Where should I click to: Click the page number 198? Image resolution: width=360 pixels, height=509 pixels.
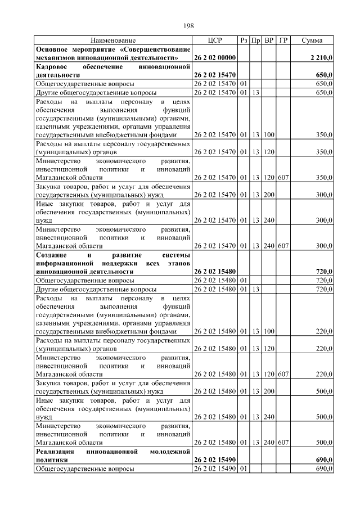click(x=188, y=26)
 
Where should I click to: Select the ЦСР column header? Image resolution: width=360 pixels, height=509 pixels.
click(x=214, y=40)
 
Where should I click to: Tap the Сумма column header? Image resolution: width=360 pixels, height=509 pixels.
click(x=312, y=40)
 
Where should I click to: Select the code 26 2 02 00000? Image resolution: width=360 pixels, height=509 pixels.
click(x=214, y=57)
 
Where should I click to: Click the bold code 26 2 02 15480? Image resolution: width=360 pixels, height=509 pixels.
click(x=214, y=272)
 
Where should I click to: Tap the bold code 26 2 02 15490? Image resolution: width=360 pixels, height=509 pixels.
click(x=214, y=460)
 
